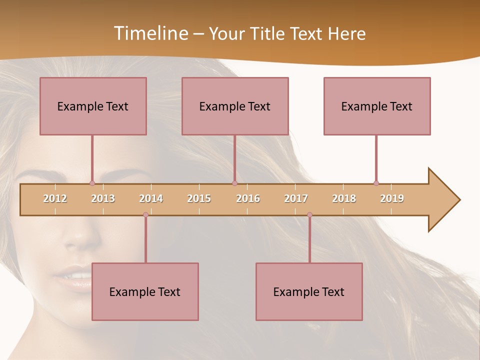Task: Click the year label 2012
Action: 55,198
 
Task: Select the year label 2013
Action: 103,198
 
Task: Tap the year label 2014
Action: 151,198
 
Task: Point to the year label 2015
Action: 199,198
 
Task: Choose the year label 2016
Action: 248,198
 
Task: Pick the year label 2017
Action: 296,198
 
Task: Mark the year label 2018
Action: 344,198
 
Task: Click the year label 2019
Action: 392,198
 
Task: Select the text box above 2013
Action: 93,106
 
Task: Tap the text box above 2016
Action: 235,106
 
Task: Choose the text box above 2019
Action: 377,106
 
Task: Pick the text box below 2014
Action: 145,291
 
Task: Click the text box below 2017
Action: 309,291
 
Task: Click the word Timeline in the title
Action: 149,33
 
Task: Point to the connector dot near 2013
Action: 92,183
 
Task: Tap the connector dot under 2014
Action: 145,214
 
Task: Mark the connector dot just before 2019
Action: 376,183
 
